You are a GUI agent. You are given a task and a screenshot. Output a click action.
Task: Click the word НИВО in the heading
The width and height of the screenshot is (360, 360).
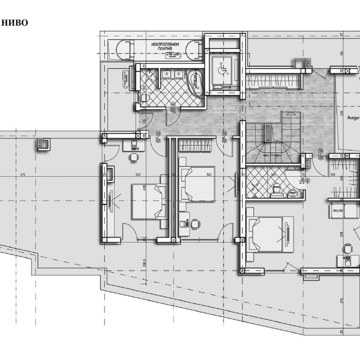click(16, 22)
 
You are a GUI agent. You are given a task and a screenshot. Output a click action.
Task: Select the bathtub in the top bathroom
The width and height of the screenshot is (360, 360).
click(197, 83)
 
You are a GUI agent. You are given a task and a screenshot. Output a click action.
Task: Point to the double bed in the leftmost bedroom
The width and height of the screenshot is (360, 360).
click(149, 202)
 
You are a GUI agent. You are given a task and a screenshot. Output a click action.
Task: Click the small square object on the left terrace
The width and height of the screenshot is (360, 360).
click(44, 144)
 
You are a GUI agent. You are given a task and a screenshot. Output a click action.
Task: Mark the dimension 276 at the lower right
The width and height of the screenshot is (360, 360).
click(342, 301)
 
